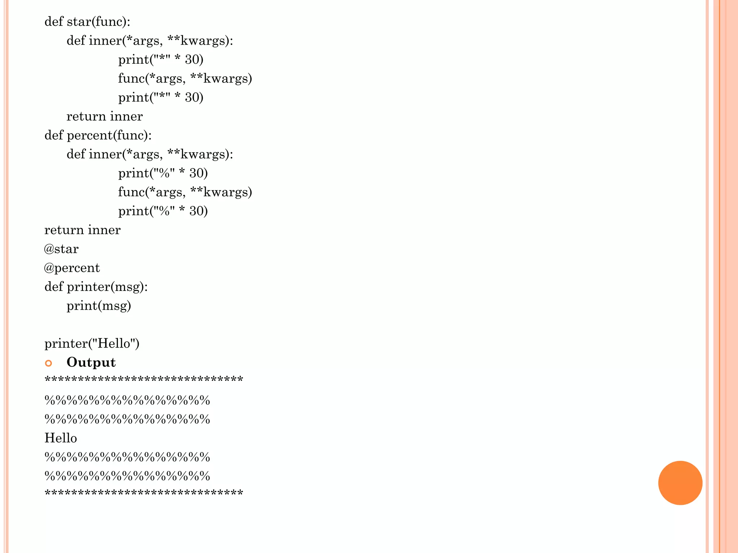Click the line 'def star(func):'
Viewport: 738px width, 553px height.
(87, 22)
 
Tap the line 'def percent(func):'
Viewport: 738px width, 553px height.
(98, 135)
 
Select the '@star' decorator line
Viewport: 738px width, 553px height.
(61, 249)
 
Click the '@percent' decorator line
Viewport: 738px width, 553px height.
(72, 268)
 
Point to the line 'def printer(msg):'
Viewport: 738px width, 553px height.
(96, 287)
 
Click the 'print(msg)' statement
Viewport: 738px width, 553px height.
(99, 306)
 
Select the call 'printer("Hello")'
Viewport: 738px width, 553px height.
(92, 343)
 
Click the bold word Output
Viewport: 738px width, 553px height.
(91, 362)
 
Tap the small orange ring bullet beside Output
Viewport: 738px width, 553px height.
(49, 363)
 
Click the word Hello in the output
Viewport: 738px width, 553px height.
(61, 438)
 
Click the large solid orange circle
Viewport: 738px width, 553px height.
(680, 483)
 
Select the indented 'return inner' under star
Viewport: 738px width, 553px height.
(105, 116)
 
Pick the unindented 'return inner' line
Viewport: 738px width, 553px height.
(83, 230)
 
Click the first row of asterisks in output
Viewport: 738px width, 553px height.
(144, 379)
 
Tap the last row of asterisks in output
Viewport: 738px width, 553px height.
(144, 493)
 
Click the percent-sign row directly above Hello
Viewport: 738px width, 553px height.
(127, 419)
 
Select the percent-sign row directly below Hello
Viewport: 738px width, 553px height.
(127, 457)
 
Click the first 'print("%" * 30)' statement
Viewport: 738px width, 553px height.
(163, 173)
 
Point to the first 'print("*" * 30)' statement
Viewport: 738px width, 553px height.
(161, 59)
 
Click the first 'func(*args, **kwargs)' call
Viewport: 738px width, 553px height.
(185, 78)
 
